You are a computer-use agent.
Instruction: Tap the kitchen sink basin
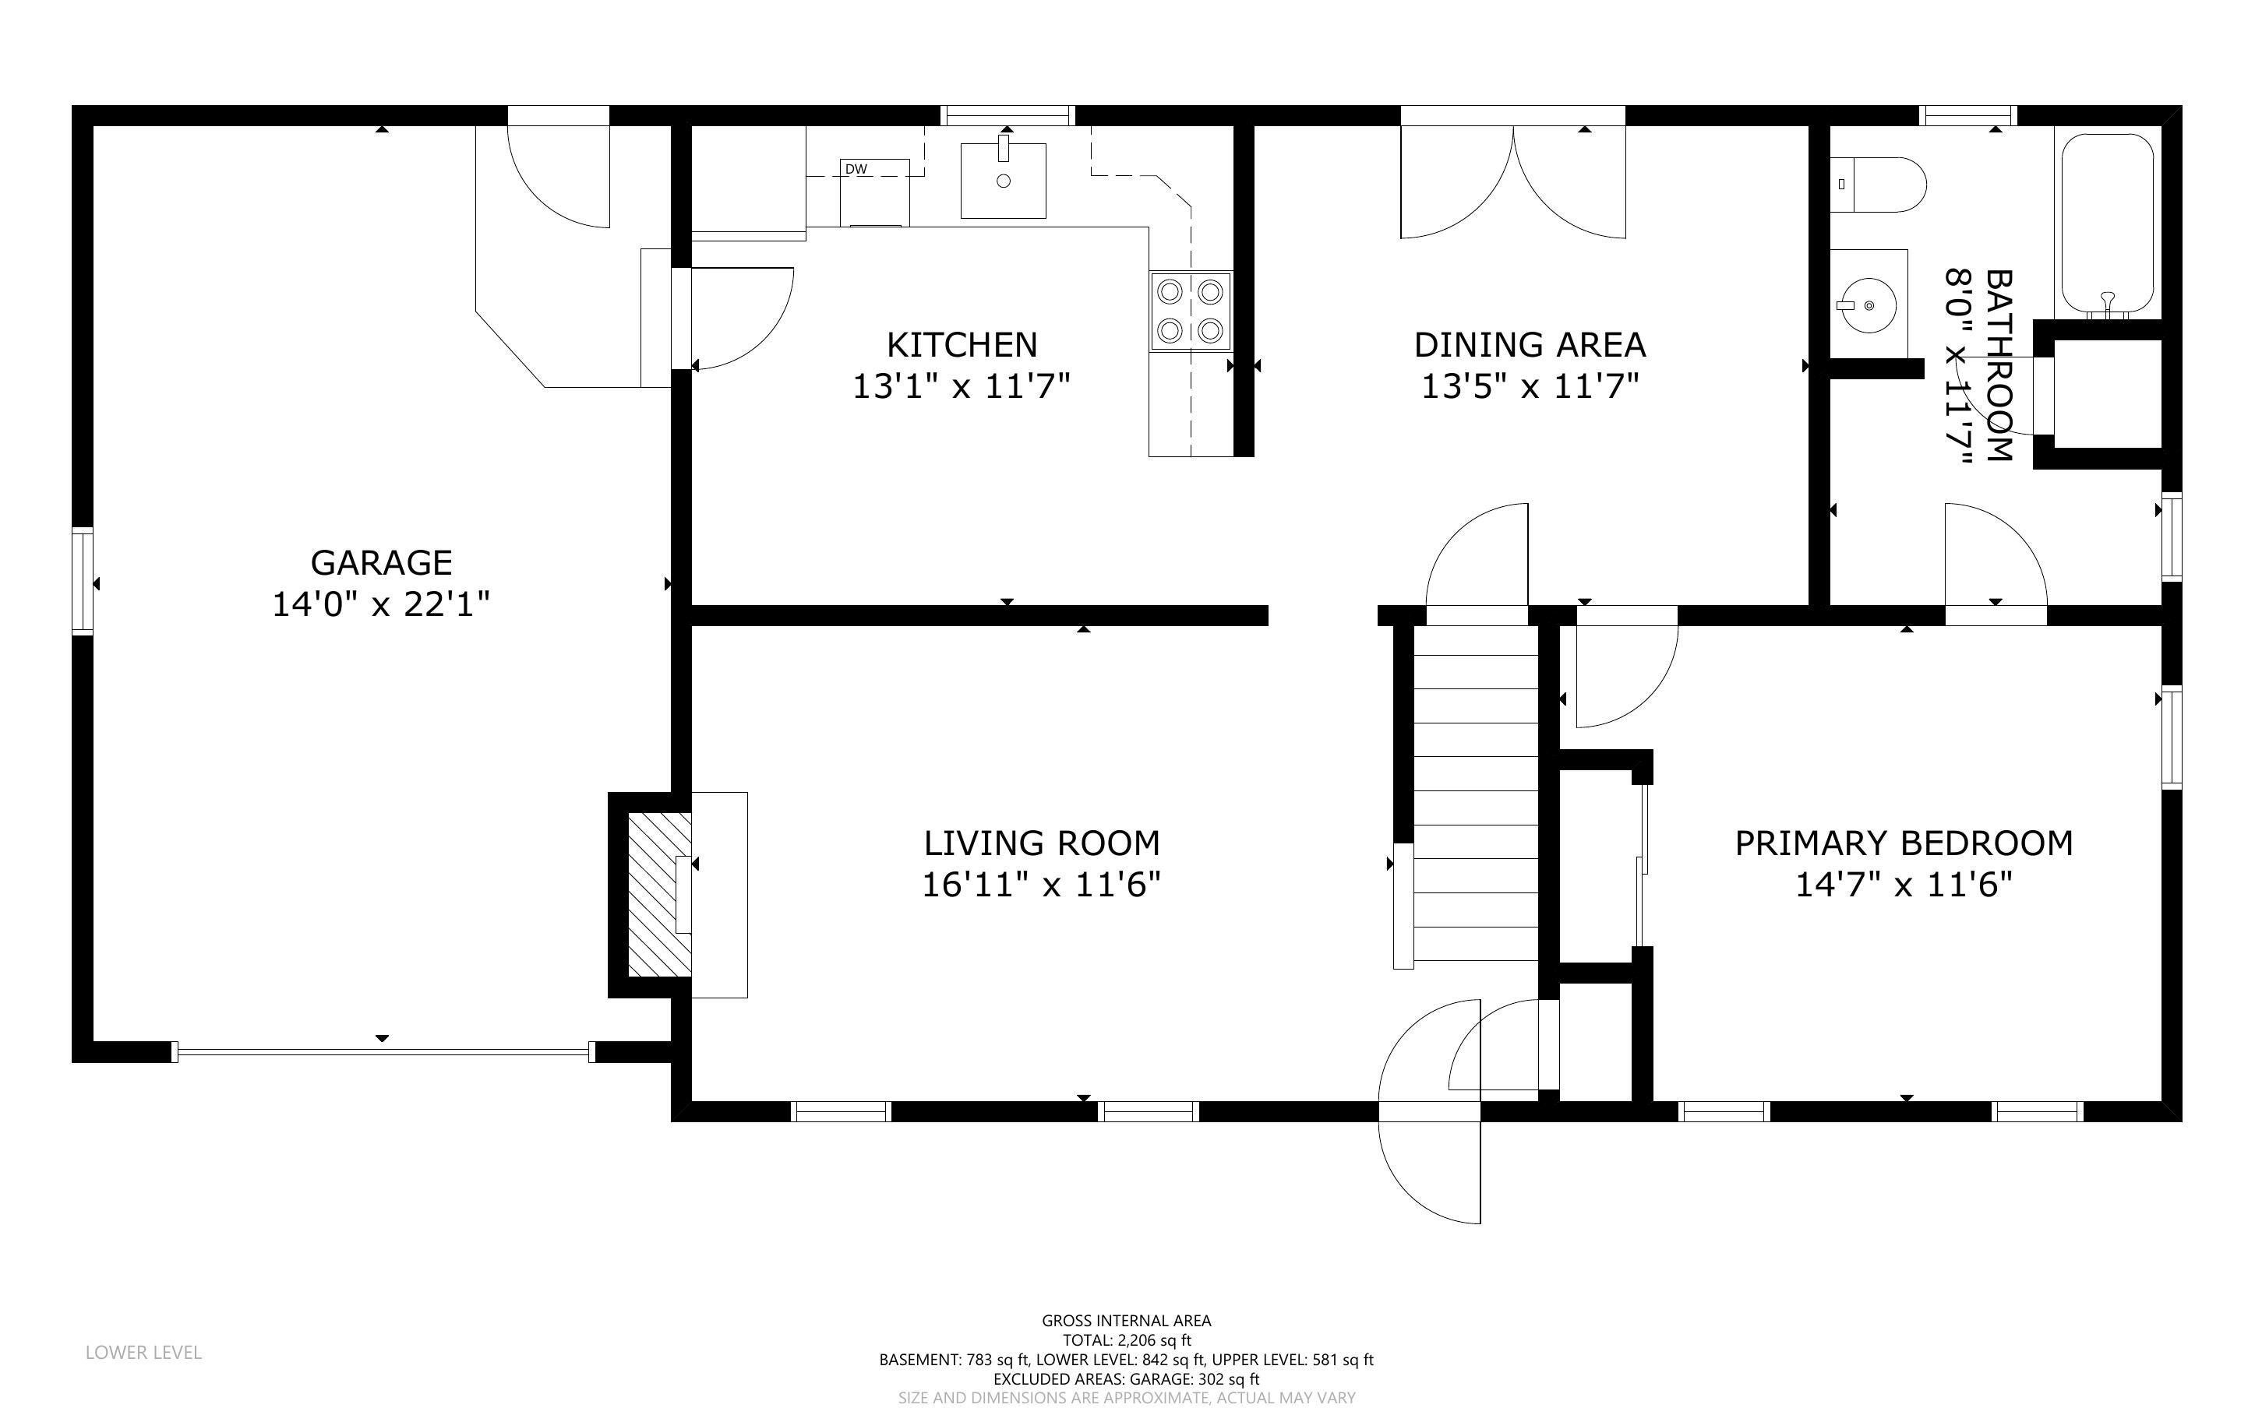pyautogui.click(x=1003, y=181)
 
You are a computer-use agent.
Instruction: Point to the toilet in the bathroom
pyautogui.click(x=1878, y=185)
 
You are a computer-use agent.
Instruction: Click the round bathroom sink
pyautogui.click(x=1869, y=304)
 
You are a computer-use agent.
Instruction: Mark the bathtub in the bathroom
pyautogui.click(x=2107, y=224)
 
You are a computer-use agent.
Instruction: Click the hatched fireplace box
pyautogui.click(x=659, y=895)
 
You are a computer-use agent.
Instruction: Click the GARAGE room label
pyautogui.click(x=381, y=562)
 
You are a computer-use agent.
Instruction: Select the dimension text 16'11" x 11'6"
pyautogui.click(x=1041, y=884)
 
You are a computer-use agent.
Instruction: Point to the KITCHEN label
pyautogui.click(x=962, y=344)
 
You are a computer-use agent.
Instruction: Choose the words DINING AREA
pyautogui.click(x=1530, y=344)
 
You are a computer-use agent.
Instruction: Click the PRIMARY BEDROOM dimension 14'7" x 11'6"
pyautogui.click(x=1904, y=884)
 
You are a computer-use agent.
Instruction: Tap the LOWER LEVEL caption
pyautogui.click(x=143, y=1352)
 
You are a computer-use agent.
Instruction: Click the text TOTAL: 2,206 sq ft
pyautogui.click(x=1126, y=1340)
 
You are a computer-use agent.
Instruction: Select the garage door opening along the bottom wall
pyautogui.click(x=382, y=1051)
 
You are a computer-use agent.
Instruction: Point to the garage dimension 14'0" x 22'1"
pyautogui.click(x=381, y=604)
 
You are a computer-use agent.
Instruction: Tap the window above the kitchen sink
pyautogui.click(x=1007, y=115)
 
